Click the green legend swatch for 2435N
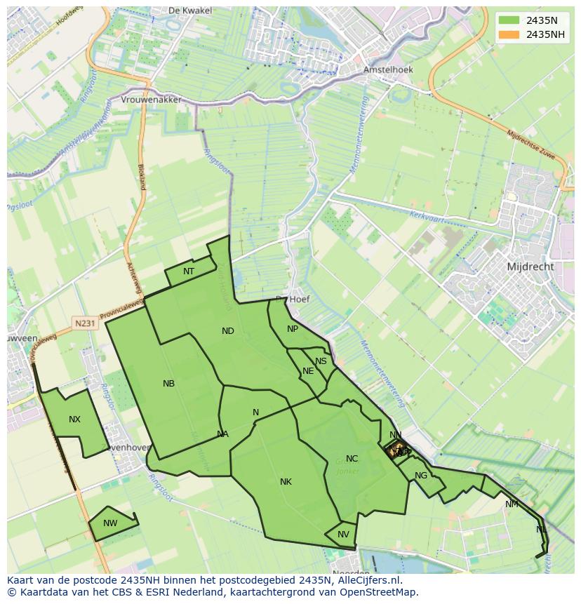click(x=509, y=20)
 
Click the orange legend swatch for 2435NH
click(x=509, y=34)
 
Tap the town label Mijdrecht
click(x=530, y=267)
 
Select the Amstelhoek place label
click(x=388, y=69)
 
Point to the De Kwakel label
click(x=185, y=11)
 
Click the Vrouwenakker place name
click(x=151, y=100)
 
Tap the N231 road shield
click(x=85, y=323)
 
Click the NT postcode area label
click(x=189, y=271)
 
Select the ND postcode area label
click(x=228, y=331)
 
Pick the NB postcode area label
click(x=168, y=384)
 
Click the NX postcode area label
click(x=74, y=420)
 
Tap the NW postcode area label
click(x=110, y=523)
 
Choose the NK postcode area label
click(x=286, y=482)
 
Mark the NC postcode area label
click(x=352, y=459)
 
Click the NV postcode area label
click(x=343, y=535)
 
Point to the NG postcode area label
click(x=421, y=476)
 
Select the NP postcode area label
click(x=293, y=329)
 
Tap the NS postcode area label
click(x=321, y=361)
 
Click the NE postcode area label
click(x=308, y=371)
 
